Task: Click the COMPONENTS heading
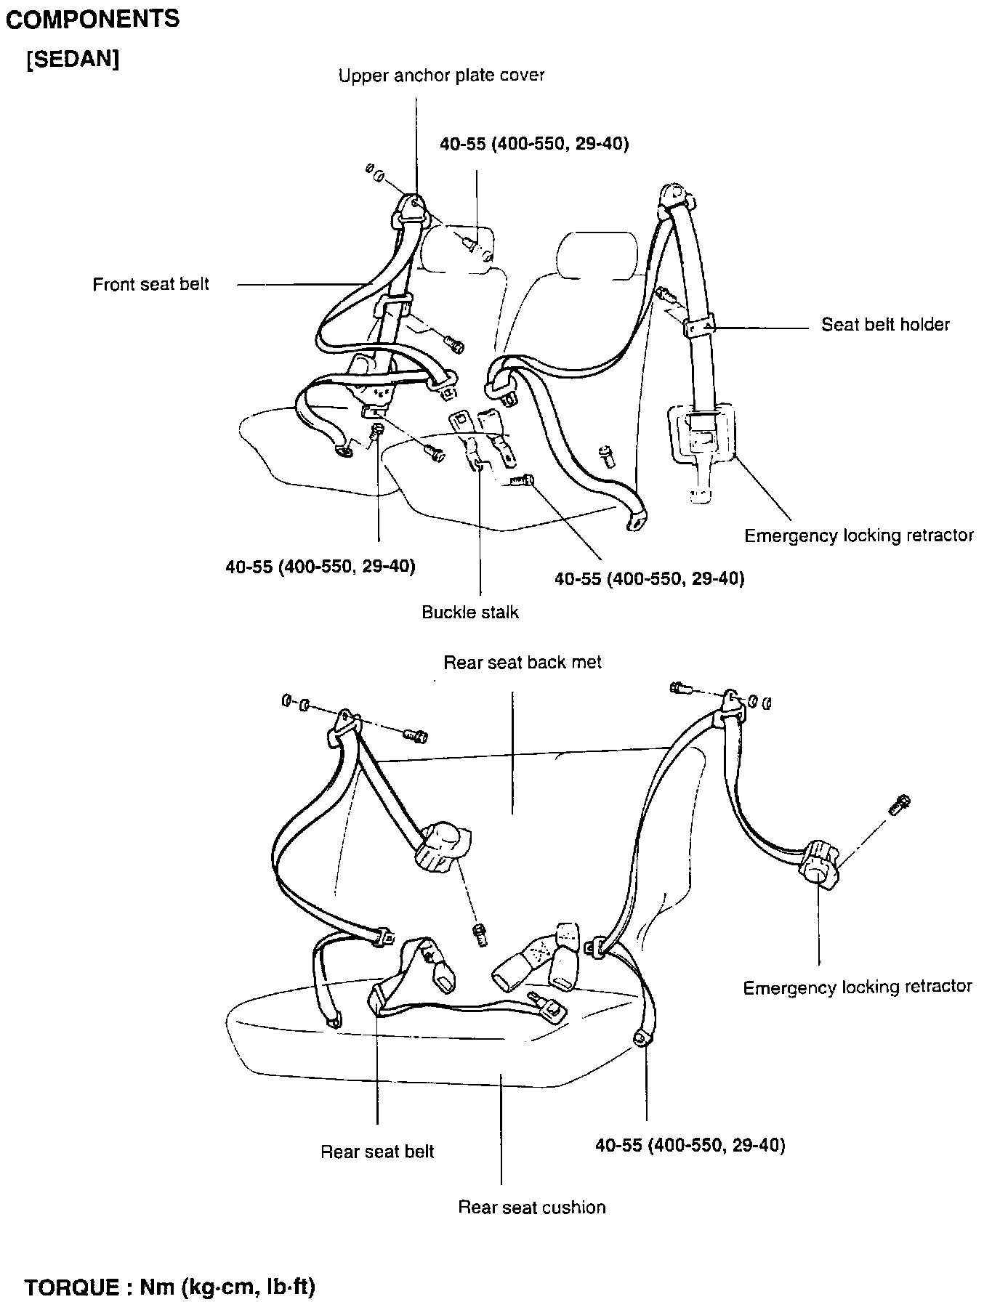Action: point(92,20)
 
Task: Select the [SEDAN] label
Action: point(73,60)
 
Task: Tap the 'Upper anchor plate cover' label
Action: point(441,76)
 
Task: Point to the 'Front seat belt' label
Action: point(150,285)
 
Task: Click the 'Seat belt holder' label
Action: point(884,325)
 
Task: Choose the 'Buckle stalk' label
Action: point(470,612)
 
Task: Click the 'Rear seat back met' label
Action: point(523,663)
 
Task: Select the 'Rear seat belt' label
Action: point(377,1152)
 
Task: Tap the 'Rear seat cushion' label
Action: point(531,1208)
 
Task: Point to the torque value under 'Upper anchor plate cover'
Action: point(534,144)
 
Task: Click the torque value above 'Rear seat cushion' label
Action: point(690,1146)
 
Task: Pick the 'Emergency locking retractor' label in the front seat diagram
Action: point(858,536)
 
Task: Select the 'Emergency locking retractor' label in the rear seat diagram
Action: point(857,987)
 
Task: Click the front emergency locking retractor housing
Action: point(701,436)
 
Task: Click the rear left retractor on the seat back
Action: point(442,847)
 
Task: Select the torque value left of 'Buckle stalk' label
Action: point(320,567)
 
